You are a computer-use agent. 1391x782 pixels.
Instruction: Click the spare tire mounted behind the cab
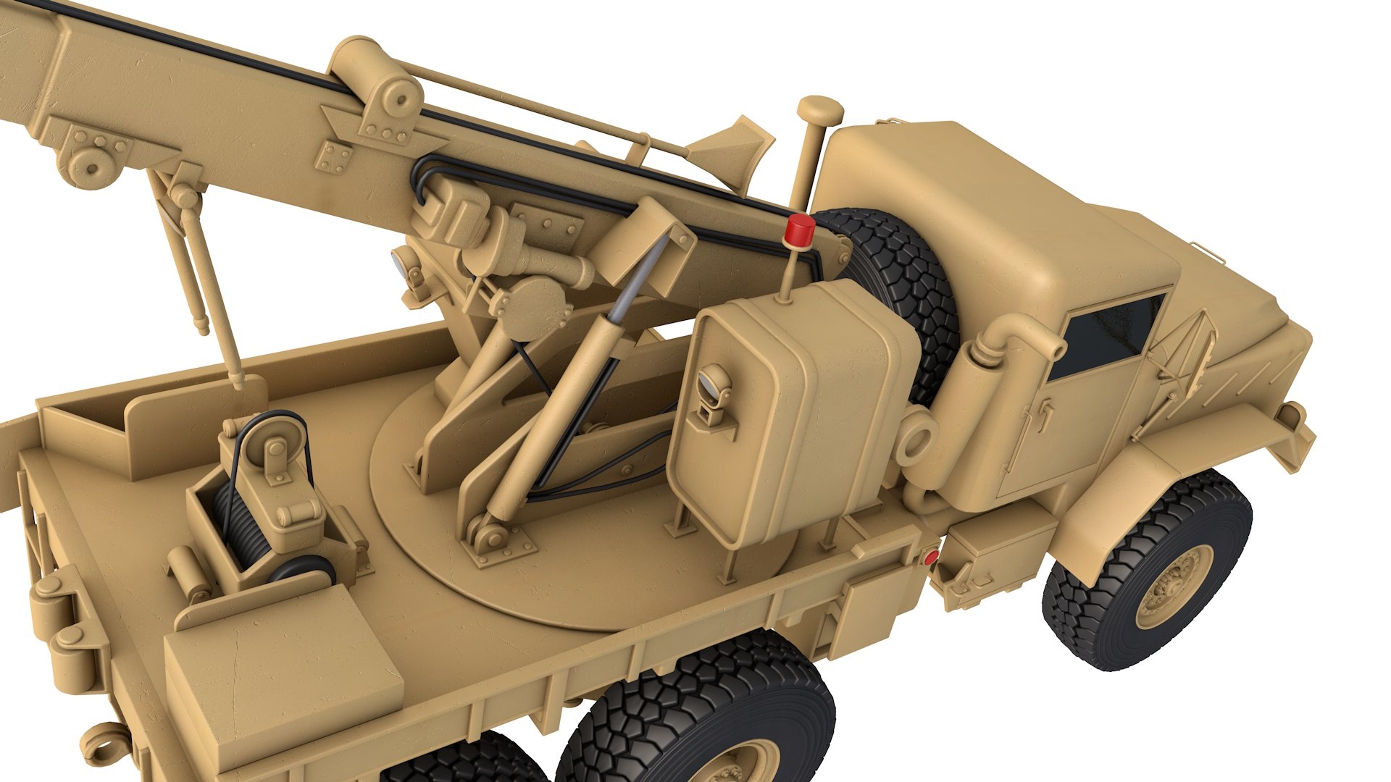898,282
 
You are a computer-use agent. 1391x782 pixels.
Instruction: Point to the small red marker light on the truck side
930,557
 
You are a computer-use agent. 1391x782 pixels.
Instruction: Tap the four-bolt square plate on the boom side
334,157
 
